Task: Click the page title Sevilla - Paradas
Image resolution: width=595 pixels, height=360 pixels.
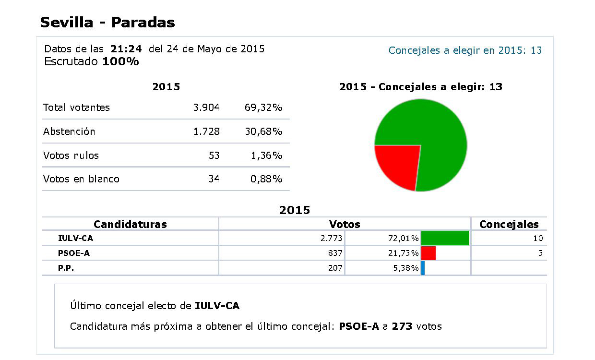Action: [x=107, y=22]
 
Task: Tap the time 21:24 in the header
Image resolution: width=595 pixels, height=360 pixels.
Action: [x=126, y=49]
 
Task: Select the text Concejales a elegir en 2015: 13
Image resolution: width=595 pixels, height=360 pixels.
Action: [x=465, y=50]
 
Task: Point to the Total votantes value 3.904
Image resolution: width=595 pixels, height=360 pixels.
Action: [x=206, y=108]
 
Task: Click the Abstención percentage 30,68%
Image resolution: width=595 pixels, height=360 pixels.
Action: [x=263, y=132]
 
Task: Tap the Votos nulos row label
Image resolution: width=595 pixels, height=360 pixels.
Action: [x=71, y=156]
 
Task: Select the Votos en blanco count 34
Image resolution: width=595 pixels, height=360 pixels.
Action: [x=214, y=179]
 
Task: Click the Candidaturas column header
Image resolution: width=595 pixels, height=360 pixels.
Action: [x=130, y=224]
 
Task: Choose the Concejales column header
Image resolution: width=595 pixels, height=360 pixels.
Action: [x=509, y=224]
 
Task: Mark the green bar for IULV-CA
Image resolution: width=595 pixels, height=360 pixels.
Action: [x=445, y=238]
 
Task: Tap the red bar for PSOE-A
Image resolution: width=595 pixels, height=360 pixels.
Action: [x=428, y=253]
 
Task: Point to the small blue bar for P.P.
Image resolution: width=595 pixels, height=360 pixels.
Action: [x=423, y=268]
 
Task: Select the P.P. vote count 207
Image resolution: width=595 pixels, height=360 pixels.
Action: [x=335, y=268]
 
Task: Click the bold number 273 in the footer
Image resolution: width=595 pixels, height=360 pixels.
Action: [x=402, y=326]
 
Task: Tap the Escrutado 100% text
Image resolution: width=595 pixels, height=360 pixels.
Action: [x=91, y=62]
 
